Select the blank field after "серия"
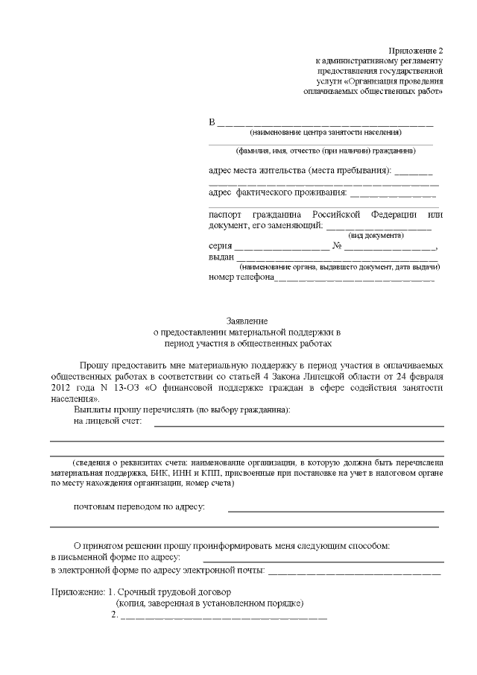click(x=281, y=247)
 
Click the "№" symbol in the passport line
click(x=337, y=246)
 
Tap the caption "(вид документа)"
click(x=376, y=235)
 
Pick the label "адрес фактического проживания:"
click(x=269, y=192)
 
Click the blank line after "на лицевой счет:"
click(x=298, y=424)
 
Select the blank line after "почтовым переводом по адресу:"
click(x=335, y=510)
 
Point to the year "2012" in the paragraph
click(x=62, y=389)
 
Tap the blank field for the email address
click(x=354, y=573)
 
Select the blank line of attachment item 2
click(x=224, y=617)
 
